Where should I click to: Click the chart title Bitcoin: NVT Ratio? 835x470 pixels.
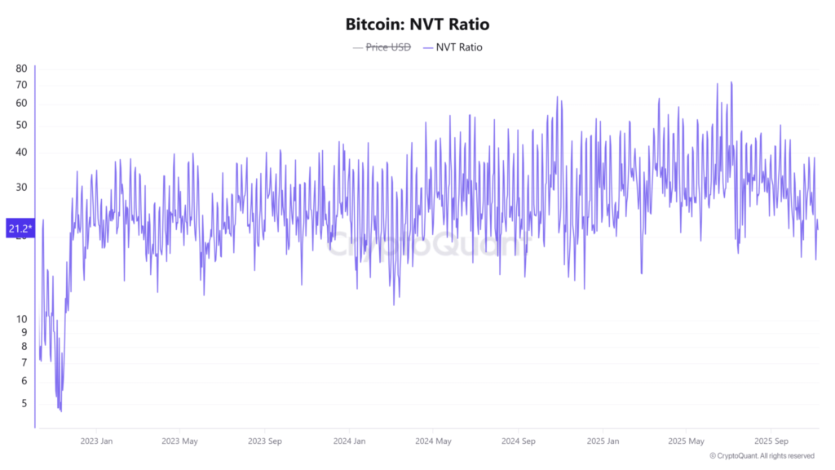click(417, 24)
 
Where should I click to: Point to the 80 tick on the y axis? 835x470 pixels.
click(22, 69)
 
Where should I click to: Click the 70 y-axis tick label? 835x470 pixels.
click(22, 85)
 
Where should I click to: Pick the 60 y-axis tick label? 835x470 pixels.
click(22, 104)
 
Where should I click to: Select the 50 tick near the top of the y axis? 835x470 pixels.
click(22, 126)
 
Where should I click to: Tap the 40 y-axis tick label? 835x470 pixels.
click(22, 153)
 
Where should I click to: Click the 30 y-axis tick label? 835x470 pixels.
click(22, 188)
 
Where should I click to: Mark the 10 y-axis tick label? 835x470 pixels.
click(22, 319)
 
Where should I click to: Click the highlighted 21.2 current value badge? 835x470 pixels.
click(20, 228)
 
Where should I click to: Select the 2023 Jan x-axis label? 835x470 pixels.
click(95, 441)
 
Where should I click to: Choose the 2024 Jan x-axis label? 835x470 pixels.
click(348, 441)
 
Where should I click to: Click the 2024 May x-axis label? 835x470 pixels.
click(433, 441)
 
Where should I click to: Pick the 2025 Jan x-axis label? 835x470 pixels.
click(602, 441)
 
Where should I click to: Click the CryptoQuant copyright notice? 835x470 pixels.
click(762, 456)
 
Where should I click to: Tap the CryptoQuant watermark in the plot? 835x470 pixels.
click(424, 243)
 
